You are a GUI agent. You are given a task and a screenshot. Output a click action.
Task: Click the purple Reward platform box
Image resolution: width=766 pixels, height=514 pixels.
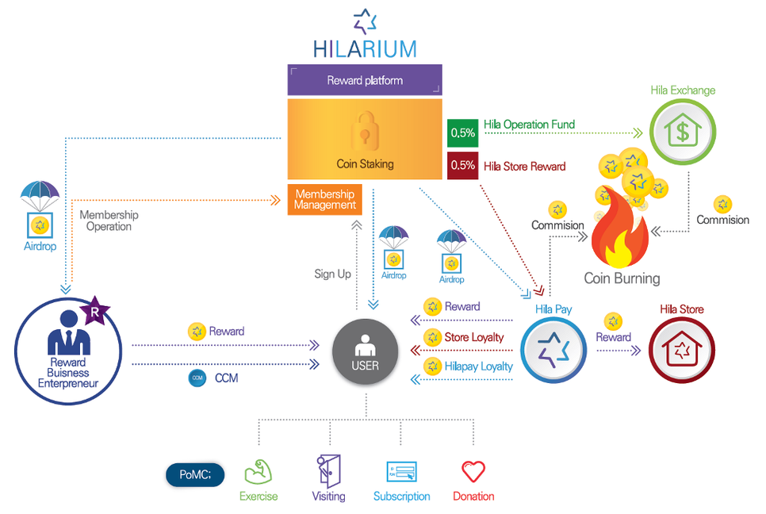point(364,80)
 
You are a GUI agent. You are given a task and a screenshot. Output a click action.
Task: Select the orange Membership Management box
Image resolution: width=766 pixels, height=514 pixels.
point(325,200)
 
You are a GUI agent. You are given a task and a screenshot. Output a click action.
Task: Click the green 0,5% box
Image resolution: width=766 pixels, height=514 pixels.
point(462,132)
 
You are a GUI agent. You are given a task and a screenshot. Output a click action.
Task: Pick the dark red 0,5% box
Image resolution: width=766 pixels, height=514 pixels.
point(462,166)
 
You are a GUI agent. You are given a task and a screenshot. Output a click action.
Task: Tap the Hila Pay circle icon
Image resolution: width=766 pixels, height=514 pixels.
point(553,351)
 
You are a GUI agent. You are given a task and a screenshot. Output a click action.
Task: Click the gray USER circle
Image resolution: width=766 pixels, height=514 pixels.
point(366,351)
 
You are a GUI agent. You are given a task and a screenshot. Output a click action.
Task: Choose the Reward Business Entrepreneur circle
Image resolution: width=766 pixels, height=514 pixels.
point(68,351)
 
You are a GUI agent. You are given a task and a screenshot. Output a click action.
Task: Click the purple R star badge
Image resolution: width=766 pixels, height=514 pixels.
point(95,313)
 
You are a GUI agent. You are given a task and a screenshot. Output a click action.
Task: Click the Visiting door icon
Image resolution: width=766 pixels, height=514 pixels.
point(327,470)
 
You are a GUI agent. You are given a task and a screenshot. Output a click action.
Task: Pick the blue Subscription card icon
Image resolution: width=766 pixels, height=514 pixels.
point(401,472)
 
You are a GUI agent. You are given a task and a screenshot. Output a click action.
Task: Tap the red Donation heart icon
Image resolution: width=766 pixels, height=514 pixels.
point(473,472)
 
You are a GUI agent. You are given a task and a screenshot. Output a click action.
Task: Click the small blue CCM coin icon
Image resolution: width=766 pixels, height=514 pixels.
point(197,378)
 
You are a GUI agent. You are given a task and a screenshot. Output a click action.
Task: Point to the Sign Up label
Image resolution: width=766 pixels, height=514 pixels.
point(332,274)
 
